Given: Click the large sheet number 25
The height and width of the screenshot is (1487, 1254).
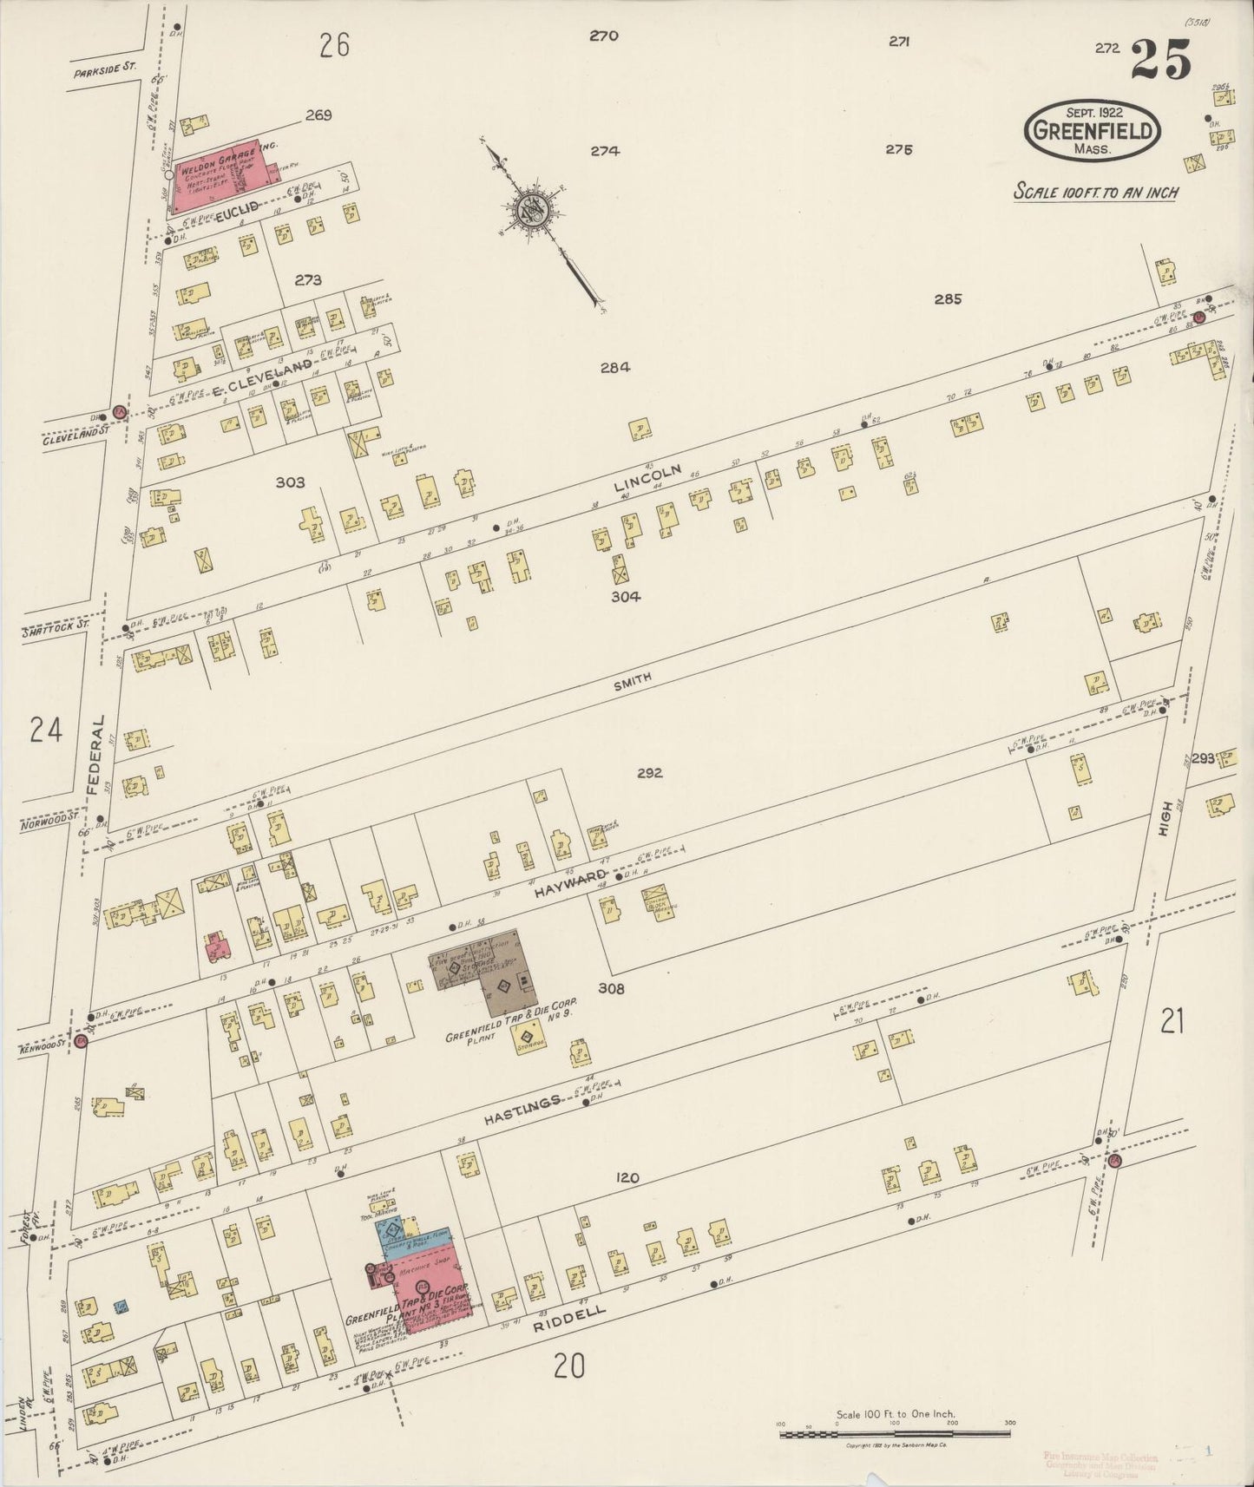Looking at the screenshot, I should (x=1160, y=61).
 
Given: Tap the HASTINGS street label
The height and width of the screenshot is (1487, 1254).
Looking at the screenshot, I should (x=518, y=1104).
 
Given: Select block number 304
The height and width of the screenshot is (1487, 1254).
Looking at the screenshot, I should (x=625, y=597).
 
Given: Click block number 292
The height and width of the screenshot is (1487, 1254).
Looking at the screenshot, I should (x=648, y=773).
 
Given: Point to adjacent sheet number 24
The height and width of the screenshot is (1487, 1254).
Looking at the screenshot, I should (x=45, y=730).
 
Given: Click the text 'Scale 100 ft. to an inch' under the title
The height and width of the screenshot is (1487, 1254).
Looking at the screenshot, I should (x=1095, y=192).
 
